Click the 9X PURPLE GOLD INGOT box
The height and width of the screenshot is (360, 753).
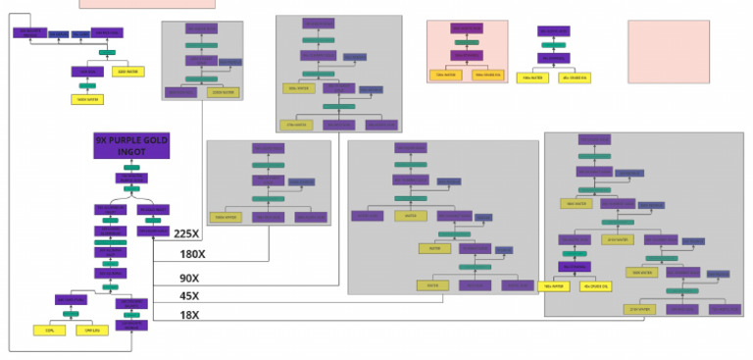(132, 146)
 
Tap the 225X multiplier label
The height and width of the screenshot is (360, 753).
(186, 233)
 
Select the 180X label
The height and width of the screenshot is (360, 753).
(192, 254)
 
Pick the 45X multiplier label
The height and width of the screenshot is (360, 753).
(189, 296)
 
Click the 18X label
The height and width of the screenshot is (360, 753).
(189, 315)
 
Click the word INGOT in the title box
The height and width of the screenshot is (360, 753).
(131, 153)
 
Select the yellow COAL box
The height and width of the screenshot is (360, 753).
(50, 330)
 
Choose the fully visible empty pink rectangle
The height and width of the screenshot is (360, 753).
(668, 51)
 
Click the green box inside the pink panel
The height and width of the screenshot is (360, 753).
(468, 43)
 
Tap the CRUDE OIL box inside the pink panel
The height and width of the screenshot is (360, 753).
(487, 75)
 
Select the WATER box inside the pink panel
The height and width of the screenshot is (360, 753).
(446, 75)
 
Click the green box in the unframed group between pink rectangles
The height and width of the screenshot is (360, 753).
(554, 44)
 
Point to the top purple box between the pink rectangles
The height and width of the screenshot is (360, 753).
(554, 31)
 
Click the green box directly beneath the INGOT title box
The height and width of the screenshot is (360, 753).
(131, 168)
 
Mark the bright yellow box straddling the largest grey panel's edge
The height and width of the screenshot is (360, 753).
(553, 286)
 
